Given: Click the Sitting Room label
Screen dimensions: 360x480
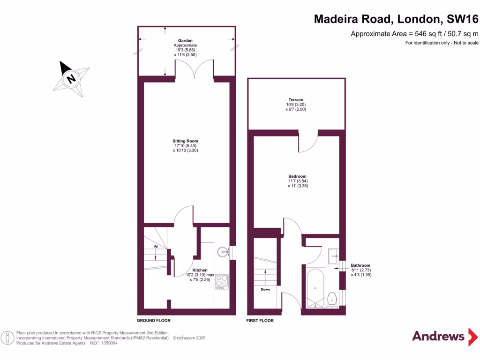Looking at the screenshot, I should click(185, 141).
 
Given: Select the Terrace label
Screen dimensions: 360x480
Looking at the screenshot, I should click(295, 100).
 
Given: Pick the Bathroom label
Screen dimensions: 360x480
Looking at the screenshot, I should click(360, 265).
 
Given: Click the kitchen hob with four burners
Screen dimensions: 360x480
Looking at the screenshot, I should click(221, 281).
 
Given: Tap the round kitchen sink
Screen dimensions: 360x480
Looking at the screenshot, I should click(223, 252).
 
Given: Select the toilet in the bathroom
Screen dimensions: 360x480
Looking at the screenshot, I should click(332, 299).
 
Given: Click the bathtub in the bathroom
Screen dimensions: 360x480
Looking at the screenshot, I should click(315, 287).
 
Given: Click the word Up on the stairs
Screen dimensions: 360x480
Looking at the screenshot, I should click(155, 246).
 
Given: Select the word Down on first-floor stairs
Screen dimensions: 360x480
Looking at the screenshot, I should click(265, 289).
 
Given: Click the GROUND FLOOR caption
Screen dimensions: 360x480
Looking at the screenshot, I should click(153, 321).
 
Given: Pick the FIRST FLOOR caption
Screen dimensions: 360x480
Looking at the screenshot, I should click(260, 321).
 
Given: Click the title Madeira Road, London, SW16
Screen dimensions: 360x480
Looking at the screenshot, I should click(396, 19).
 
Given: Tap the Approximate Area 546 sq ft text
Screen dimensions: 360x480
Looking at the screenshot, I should click(414, 34).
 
